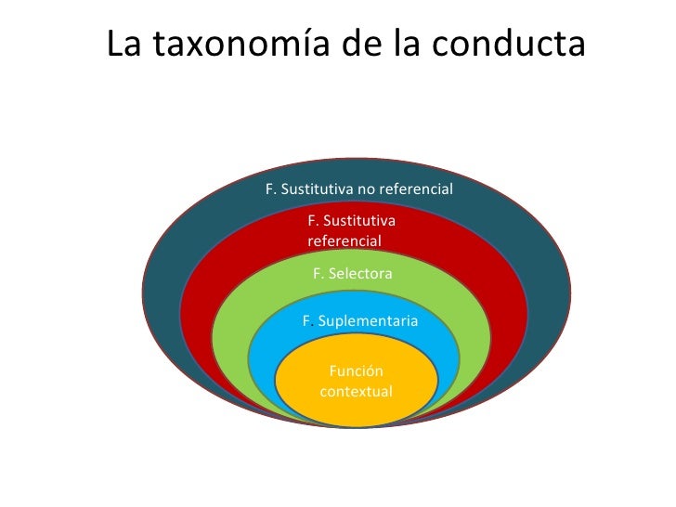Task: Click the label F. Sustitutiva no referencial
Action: tap(358, 189)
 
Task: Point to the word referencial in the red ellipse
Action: tap(344, 240)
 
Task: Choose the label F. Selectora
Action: tap(353, 274)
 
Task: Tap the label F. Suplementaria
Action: tap(360, 321)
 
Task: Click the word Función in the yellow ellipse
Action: tap(357, 371)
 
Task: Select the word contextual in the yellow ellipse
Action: tap(357, 391)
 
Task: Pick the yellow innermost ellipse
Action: tap(357, 409)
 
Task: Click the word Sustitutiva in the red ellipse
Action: tap(357, 221)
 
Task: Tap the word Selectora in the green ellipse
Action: tap(360, 274)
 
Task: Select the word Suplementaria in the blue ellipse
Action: tap(368, 321)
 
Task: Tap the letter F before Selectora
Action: tap(318, 274)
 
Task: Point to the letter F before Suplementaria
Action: tap(306, 321)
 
